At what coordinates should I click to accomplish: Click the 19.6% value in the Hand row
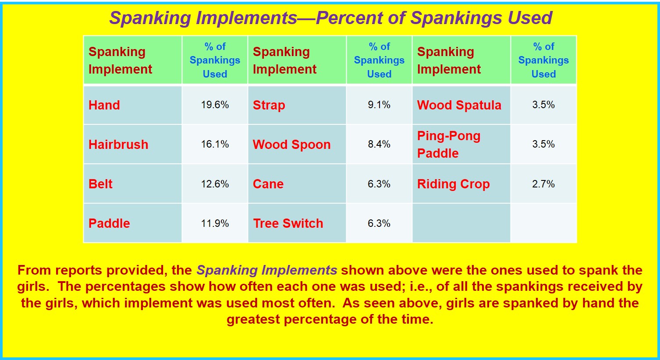click(x=215, y=105)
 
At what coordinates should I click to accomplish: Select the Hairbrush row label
click(x=118, y=145)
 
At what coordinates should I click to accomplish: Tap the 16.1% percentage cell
click(x=215, y=144)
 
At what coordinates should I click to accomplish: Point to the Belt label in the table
click(x=100, y=184)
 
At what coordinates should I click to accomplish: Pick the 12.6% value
click(x=215, y=184)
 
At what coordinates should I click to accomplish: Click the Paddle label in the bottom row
click(x=109, y=223)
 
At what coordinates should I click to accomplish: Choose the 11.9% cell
click(x=215, y=223)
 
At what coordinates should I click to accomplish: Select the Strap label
click(x=269, y=106)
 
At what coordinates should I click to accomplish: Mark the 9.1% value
click(x=379, y=105)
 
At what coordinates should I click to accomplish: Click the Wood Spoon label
click(x=292, y=145)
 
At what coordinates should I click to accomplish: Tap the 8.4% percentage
click(x=379, y=144)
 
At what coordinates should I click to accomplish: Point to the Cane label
click(x=268, y=184)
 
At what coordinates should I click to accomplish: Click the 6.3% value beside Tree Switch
click(x=379, y=223)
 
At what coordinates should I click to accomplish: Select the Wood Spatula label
click(x=459, y=106)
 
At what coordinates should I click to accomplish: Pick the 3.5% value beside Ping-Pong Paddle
click(x=543, y=144)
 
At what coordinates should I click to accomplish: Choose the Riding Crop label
click(x=454, y=184)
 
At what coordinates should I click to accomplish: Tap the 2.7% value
click(x=543, y=184)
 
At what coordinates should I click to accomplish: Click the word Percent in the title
click(x=349, y=18)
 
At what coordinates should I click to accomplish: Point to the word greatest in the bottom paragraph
click(x=253, y=320)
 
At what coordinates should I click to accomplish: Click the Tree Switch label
click(x=288, y=223)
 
